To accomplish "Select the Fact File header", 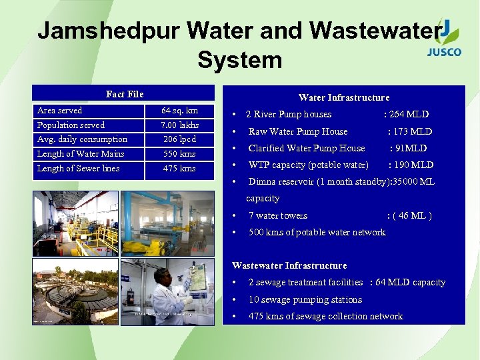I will point(125,94).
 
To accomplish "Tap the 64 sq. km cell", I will point(179,111).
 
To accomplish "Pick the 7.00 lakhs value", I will point(179,125).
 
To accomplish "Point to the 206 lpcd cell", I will point(179,139).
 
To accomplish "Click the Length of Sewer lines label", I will point(79,169).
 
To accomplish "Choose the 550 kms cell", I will point(179,154).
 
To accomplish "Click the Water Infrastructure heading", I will point(343,97).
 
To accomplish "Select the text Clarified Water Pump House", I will point(307,148).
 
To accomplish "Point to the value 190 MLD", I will point(411,165).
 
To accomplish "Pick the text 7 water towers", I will point(278,215).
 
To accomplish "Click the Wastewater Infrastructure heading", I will point(289,265).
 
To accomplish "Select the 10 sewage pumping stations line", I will point(305,299).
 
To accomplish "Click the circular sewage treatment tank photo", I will point(75,293).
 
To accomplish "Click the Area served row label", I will point(60,111).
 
